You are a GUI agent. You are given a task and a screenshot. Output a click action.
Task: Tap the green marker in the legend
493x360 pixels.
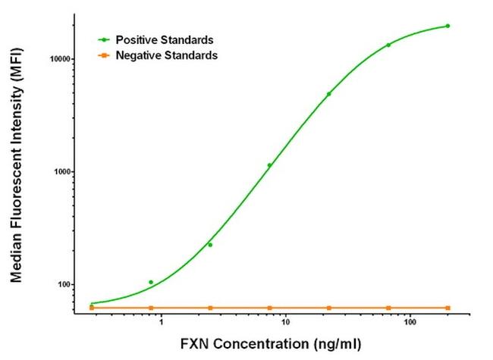pos(105,39)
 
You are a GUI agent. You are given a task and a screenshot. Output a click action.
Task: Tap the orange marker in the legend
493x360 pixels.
pos(105,55)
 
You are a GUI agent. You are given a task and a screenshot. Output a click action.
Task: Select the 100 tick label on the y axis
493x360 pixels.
pos(63,285)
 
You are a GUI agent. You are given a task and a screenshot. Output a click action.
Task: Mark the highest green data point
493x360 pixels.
pos(447,26)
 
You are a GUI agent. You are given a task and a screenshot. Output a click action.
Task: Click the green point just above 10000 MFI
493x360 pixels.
pos(388,45)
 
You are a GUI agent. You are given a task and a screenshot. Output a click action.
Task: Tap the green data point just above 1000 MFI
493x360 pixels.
pos(269,165)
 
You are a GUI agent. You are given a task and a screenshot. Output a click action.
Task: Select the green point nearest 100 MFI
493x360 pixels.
pos(151,282)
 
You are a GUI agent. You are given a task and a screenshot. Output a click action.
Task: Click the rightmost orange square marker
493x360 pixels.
pos(447,308)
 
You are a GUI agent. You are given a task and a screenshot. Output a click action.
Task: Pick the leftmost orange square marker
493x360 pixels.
pos(92,308)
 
